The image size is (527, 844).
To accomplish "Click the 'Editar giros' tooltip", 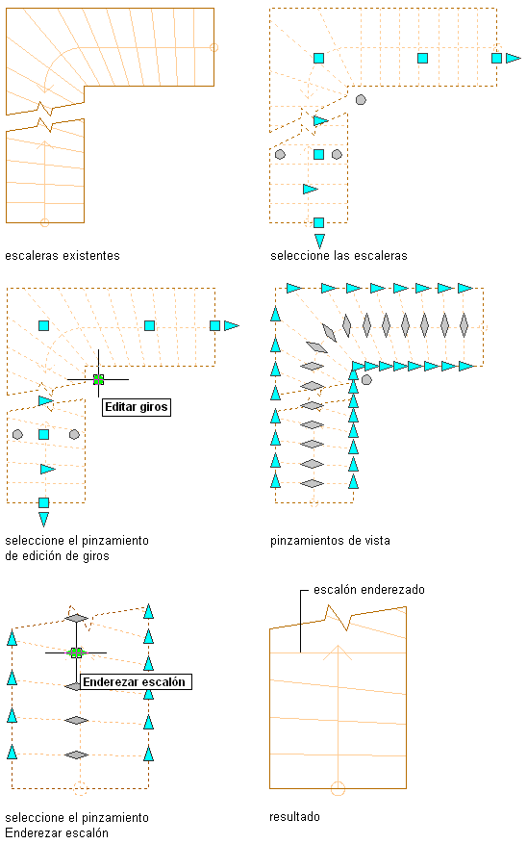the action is click(x=136, y=407).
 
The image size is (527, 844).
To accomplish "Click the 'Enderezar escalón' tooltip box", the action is click(x=136, y=682).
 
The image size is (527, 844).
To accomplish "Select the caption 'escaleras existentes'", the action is click(x=63, y=256).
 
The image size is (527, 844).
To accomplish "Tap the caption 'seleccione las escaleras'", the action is click(x=339, y=256).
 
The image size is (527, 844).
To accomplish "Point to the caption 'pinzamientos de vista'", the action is click(x=330, y=541).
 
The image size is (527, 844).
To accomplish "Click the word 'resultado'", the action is click(x=294, y=816).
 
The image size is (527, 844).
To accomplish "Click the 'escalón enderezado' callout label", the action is click(x=369, y=589).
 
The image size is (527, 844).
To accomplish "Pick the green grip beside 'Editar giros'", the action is click(x=98, y=379).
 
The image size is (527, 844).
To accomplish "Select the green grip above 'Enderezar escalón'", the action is click(x=76, y=652).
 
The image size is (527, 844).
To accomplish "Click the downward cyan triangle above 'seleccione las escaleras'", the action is click(x=319, y=240).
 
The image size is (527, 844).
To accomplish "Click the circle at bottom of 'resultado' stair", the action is click(x=338, y=788).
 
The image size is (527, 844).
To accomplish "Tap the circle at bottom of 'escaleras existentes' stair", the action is click(x=44, y=222).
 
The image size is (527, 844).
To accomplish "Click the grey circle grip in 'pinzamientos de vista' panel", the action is click(x=366, y=380).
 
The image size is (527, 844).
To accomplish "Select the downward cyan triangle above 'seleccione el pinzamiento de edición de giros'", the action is click(x=44, y=519).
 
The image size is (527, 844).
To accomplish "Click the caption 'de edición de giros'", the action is click(x=57, y=556).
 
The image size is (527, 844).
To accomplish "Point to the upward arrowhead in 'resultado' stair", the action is click(x=338, y=652).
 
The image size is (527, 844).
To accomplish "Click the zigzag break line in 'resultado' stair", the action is click(x=338, y=618).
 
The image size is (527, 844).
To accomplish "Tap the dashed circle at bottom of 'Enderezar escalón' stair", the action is click(x=80, y=788).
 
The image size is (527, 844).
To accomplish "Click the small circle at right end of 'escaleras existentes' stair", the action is click(x=214, y=47).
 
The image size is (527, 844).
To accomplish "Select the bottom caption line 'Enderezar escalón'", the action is click(x=57, y=832).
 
